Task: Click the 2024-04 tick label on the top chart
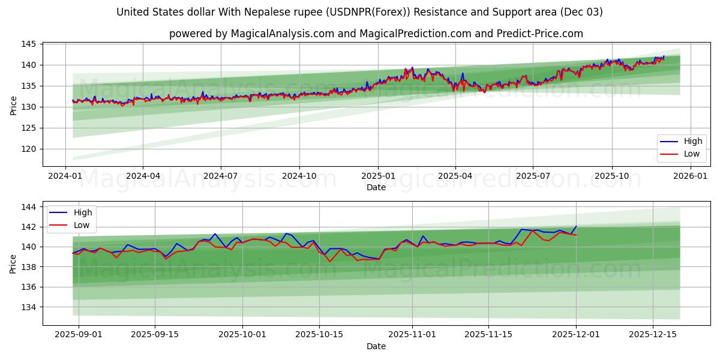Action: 143,176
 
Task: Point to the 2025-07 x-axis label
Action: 533,176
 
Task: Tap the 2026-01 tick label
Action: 691,176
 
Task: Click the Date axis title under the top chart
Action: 376,187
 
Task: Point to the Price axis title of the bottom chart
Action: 13,263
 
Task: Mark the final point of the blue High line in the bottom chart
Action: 576,226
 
